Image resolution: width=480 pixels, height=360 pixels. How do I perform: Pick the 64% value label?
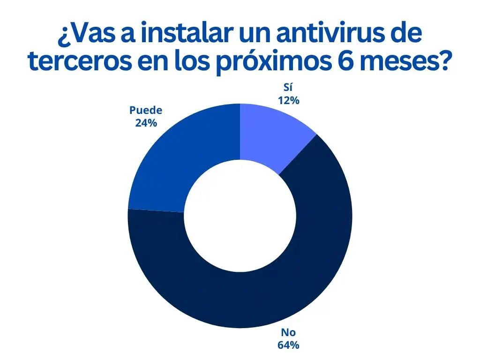point(288,345)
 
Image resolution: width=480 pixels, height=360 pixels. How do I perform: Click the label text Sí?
point(288,89)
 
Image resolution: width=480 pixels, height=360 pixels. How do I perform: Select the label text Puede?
point(145,111)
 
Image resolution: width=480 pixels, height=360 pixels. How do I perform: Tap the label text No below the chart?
point(288,333)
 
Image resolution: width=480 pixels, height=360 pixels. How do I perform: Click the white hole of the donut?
point(240,215)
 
